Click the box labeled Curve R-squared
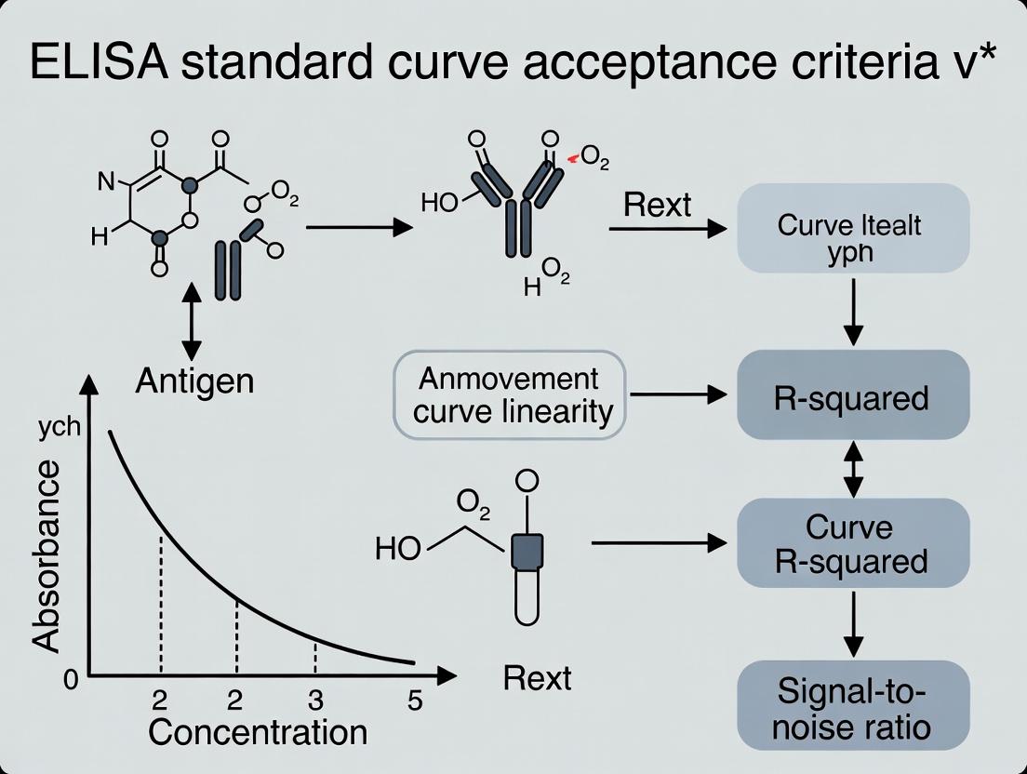pos(853,543)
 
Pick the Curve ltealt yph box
pos(853,228)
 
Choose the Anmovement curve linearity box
pos(510,394)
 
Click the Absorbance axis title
pos(47,555)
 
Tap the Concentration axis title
pos(258,732)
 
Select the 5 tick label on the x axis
pos(415,700)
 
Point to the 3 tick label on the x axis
pos(315,700)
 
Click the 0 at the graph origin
pos(72,679)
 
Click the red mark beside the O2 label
pos(573,160)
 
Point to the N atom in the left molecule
pos(107,182)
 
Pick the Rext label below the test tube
pos(537,677)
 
